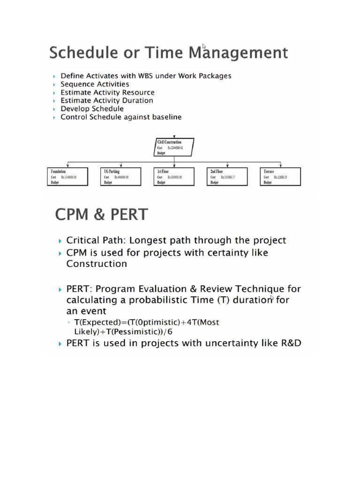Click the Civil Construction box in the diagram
(174, 147)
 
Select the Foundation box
(68, 177)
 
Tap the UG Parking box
(121, 177)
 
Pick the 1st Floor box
(174, 177)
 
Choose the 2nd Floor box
(227, 177)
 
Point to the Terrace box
(280, 177)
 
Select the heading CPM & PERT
(101, 215)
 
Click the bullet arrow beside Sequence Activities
(55, 84)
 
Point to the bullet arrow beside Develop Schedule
(55, 109)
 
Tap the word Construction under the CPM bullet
(97, 264)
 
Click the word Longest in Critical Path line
(147, 240)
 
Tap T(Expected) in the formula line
(96, 322)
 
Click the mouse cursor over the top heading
(204, 46)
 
